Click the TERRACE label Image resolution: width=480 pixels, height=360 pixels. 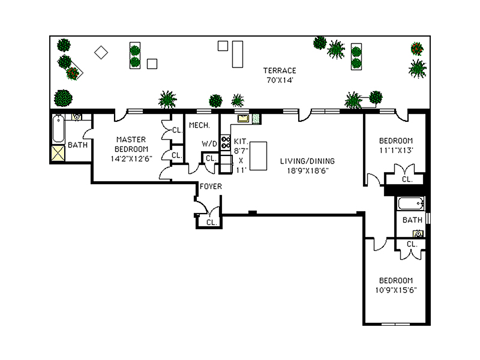(x=280, y=70)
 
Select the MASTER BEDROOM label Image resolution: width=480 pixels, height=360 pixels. (x=131, y=144)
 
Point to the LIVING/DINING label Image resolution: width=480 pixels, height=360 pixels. (x=308, y=161)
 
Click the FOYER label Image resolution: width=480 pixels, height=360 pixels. (x=211, y=187)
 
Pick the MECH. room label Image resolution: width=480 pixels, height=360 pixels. (x=199, y=125)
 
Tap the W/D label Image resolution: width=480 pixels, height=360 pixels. (x=209, y=144)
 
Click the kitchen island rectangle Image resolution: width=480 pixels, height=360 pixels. (x=257, y=156)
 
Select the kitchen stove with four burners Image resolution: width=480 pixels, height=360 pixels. (x=226, y=142)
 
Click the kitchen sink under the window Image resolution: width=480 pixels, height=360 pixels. (x=243, y=119)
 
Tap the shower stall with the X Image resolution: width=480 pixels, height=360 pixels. (x=58, y=154)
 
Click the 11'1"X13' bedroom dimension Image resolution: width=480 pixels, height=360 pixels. (x=396, y=150)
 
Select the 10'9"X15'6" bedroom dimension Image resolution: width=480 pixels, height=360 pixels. (x=395, y=290)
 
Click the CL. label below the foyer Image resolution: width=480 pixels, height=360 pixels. (x=211, y=222)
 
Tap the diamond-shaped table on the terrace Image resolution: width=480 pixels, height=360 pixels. (x=101, y=53)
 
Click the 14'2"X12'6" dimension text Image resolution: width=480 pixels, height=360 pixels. (x=131, y=159)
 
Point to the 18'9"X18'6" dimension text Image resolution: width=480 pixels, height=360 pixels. (x=308, y=170)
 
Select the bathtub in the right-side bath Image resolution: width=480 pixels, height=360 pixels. (x=410, y=203)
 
